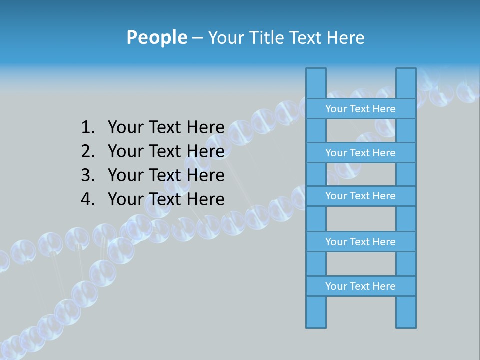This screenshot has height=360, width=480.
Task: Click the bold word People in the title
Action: click(156, 38)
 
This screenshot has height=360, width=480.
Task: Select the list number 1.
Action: click(87, 128)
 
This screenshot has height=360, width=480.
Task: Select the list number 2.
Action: click(87, 151)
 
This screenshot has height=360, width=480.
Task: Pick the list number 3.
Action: click(87, 175)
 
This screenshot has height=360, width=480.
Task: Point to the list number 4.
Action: click(87, 199)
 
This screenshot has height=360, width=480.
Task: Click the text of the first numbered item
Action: click(166, 128)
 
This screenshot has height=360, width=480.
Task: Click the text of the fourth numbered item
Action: click(166, 199)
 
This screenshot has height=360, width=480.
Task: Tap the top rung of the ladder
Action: click(360, 109)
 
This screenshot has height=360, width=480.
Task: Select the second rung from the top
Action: click(360, 153)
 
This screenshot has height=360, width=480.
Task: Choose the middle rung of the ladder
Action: click(360, 196)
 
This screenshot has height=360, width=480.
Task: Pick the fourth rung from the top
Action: click(360, 242)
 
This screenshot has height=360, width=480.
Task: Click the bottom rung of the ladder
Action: click(360, 286)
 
